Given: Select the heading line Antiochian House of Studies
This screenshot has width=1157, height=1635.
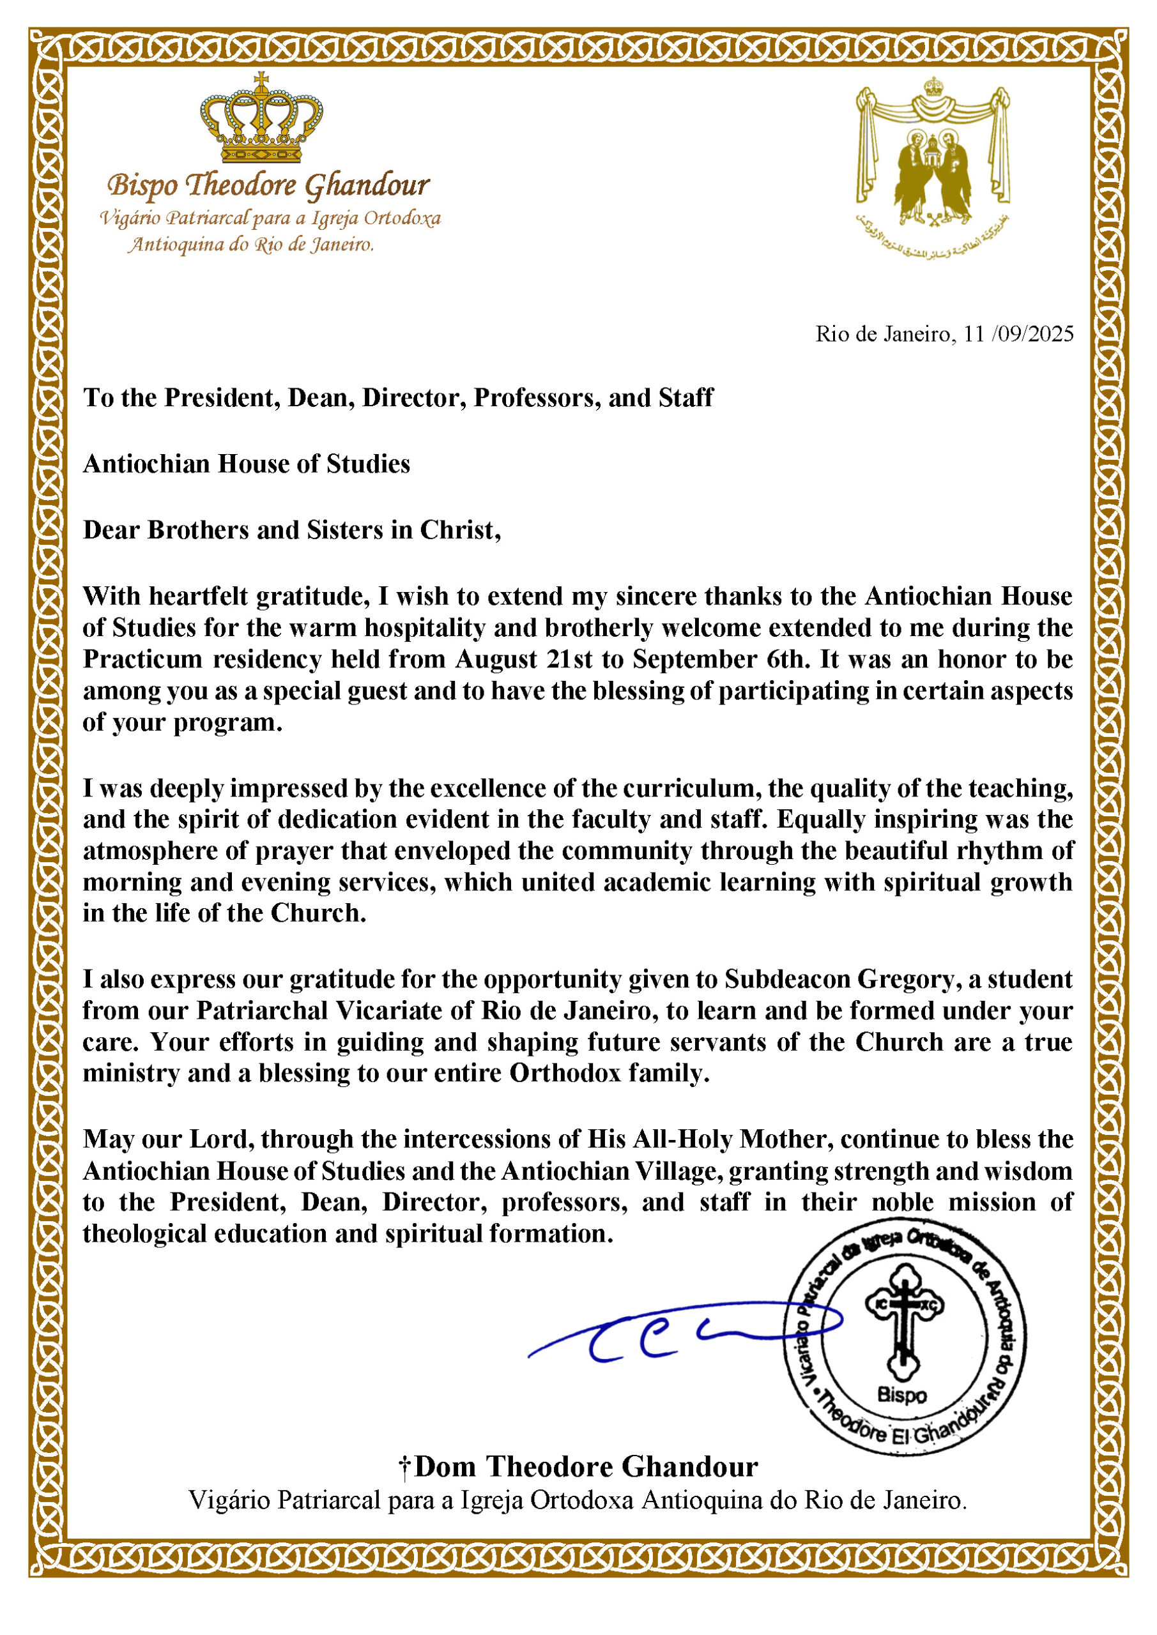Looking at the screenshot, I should pos(247,464).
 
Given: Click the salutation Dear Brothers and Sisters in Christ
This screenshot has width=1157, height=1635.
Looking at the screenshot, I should pos(291,530).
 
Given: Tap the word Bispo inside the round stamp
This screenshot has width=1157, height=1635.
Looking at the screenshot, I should pos(902,1395).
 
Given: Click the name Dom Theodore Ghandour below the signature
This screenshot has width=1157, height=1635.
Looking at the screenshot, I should pos(586,1467).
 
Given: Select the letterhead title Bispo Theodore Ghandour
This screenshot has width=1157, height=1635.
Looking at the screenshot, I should pos(268,186).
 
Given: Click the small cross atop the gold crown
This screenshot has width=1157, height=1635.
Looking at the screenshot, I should pos(261,78).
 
